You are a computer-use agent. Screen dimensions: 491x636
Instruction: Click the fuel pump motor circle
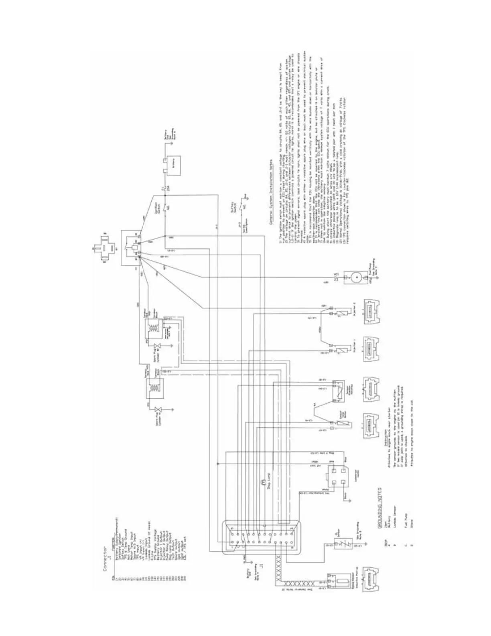355,277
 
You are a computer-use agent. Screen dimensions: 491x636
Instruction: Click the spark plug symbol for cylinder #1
158,410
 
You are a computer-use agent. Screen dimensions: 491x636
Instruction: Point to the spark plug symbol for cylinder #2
157,348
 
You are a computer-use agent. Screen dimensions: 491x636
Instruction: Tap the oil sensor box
338,540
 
